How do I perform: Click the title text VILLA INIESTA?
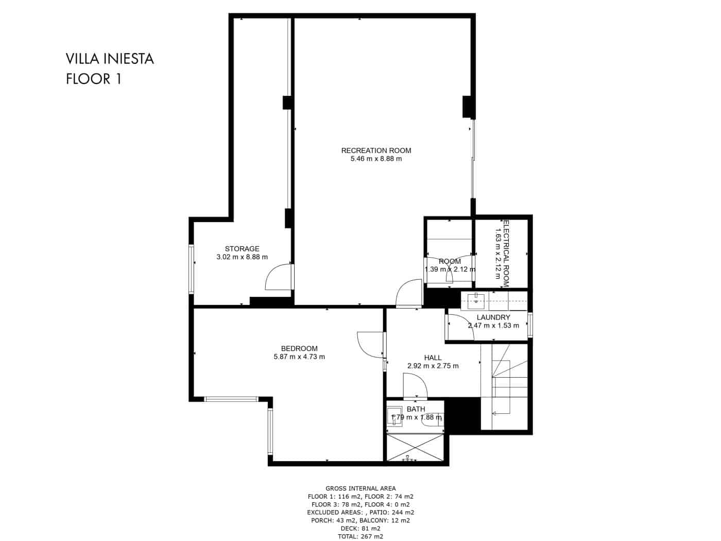click(110, 59)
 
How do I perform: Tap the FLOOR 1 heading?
click(93, 79)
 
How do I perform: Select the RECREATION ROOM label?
click(376, 150)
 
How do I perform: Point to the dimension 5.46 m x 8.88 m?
click(376, 159)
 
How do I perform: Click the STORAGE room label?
click(242, 249)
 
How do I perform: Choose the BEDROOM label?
click(299, 348)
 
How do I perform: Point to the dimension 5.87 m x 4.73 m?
click(299, 357)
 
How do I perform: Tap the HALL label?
click(433, 358)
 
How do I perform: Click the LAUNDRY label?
click(493, 317)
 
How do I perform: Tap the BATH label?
click(416, 409)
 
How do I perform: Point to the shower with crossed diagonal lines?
click(415, 447)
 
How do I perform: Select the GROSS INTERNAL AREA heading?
click(360, 488)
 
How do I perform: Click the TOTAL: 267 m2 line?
click(360, 536)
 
